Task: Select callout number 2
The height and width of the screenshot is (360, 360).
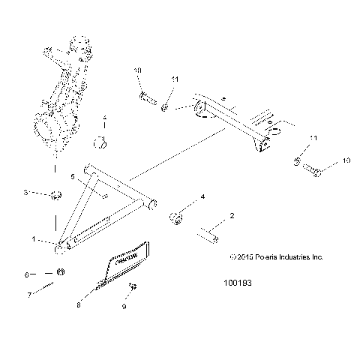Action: pos(231,216)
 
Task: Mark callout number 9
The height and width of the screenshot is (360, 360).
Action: pos(124,307)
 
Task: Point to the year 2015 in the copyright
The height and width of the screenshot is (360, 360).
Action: pos(239,256)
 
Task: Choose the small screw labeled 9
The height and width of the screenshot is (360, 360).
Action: pos(132,286)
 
